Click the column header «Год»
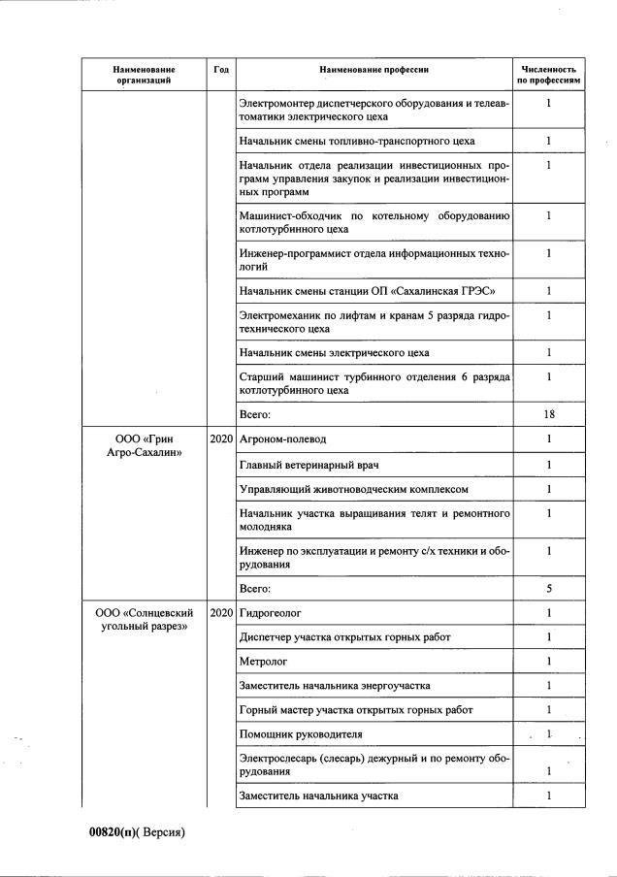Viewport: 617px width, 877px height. pos(221,70)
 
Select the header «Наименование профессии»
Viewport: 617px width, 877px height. pos(373,70)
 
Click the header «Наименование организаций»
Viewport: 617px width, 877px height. pos(144,76)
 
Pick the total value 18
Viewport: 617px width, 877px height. pos(548,414)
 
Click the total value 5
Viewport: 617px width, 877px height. pos(548,588)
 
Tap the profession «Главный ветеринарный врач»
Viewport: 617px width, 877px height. pos(301,464)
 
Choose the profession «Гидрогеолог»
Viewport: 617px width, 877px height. pos(271,613)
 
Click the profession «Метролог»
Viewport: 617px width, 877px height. pos(262,662)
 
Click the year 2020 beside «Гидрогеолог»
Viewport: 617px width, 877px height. pos(221,613)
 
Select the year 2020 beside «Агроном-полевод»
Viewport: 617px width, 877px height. pos(221,439)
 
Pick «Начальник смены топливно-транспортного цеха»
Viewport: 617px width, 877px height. pos(356,142)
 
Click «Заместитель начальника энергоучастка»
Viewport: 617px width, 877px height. pos(335,686)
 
